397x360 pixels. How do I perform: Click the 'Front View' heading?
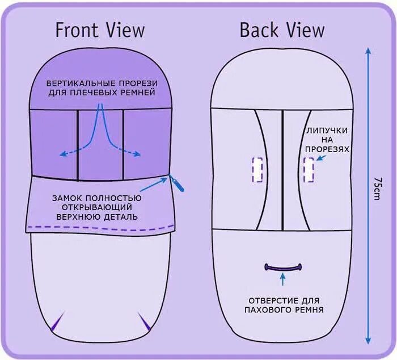tap(100, 30)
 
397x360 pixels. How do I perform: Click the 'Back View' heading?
tap(281, 30)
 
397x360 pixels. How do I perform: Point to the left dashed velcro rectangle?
tap(257, 169)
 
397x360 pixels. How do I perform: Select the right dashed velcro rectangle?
tap(309, 169)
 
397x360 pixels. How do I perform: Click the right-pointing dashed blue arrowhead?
tap(138, 154)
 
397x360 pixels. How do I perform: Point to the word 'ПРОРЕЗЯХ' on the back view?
tap(326, 149)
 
